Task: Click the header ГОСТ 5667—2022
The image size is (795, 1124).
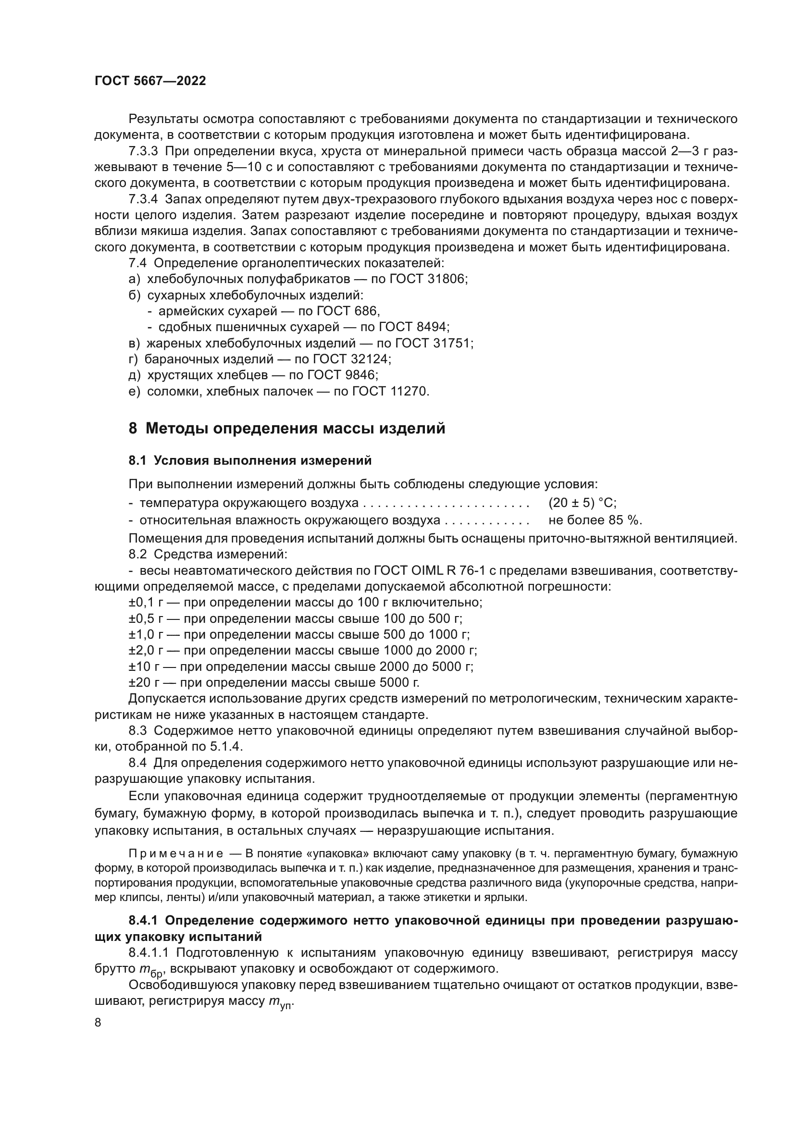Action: [x=150, y=81]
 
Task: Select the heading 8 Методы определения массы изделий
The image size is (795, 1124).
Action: [x=287, y=429]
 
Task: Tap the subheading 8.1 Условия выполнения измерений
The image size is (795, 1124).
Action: [x=250, y=461]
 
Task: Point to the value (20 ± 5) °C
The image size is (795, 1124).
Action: [x=582, y=503]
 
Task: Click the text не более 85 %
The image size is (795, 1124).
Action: [x=595, y=519]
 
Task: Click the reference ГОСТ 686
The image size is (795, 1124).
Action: [x=348, y=311]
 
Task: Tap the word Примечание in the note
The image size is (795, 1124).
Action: [x=176, y=854]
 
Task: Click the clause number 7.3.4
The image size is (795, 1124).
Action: [x=143, y=199]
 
